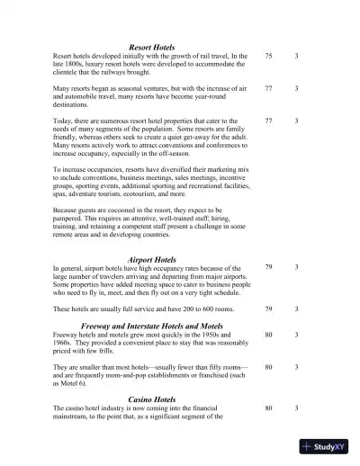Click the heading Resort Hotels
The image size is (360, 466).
pos(151,47)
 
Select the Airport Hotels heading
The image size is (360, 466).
pos(151,259)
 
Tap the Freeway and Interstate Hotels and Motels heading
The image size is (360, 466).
pos(151,325)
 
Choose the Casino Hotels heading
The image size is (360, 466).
pos(151,399)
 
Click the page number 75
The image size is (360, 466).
pos(269,56)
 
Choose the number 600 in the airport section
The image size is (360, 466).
pos(200,309)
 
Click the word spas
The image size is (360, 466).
pos(61,192)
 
